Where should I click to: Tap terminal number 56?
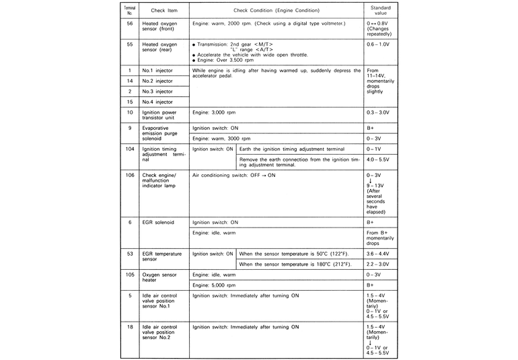(x=129, y=23)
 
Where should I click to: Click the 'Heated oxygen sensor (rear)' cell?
(x=159, y=47)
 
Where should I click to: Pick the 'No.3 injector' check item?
(x=155, y=90)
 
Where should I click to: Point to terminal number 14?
(x=129, y=80)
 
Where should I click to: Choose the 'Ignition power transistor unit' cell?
(x=160, y=114)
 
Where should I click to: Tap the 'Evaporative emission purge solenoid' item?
(x=159, y=133)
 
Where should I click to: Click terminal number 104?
(x=129, y=148)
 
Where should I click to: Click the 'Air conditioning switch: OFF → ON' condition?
(x=234, y=175)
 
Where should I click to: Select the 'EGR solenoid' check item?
(x=158, y=221)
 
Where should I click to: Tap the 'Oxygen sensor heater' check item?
(x=159, y=278)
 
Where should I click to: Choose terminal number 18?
(x=129, y=326)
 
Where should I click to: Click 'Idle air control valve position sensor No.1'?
(x=160, y=300)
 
